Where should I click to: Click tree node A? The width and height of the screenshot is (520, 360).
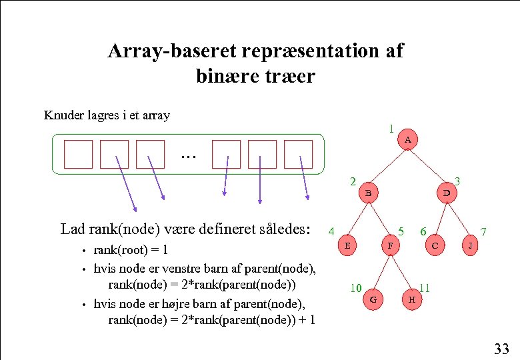pyautogui.click(x=408, y=140)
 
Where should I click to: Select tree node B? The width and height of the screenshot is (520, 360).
pyautogui.click(x=368, y=193)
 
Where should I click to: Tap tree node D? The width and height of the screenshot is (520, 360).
pyautogui.click(x=447, y=193)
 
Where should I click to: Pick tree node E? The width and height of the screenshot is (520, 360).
pyautogui.click(x=347, y=245)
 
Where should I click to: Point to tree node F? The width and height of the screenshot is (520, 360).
pyautogui.click(x=390, y=245)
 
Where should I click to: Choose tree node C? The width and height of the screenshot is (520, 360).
pyautogui.click(x=435, y=245)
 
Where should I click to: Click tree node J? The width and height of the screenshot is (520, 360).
pyautogui.click(x=471, y=245)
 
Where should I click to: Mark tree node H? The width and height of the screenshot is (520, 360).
pyautogui.click(x=412, y=299)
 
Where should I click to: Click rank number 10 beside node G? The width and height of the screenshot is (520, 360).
pyautogui.click(x=356, y=289)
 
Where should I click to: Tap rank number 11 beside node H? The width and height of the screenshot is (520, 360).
pyautogui.click(x=424, y=289)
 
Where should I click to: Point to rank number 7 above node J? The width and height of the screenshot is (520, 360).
pyautogui.click(x=483, y=232)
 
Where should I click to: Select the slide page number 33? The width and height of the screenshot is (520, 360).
pyautogui.click(x=501, y=349)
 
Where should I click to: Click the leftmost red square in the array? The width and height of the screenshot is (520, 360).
pyautogui.click(x=78, y=154)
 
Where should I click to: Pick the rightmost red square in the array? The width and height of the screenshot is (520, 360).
pyautogui.click(x=298, y=154)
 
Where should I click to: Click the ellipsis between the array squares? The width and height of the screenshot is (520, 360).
pyautogui.click(x=189, y=155)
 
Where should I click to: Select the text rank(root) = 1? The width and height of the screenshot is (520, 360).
pyautogui.click(x=131, y=251)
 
